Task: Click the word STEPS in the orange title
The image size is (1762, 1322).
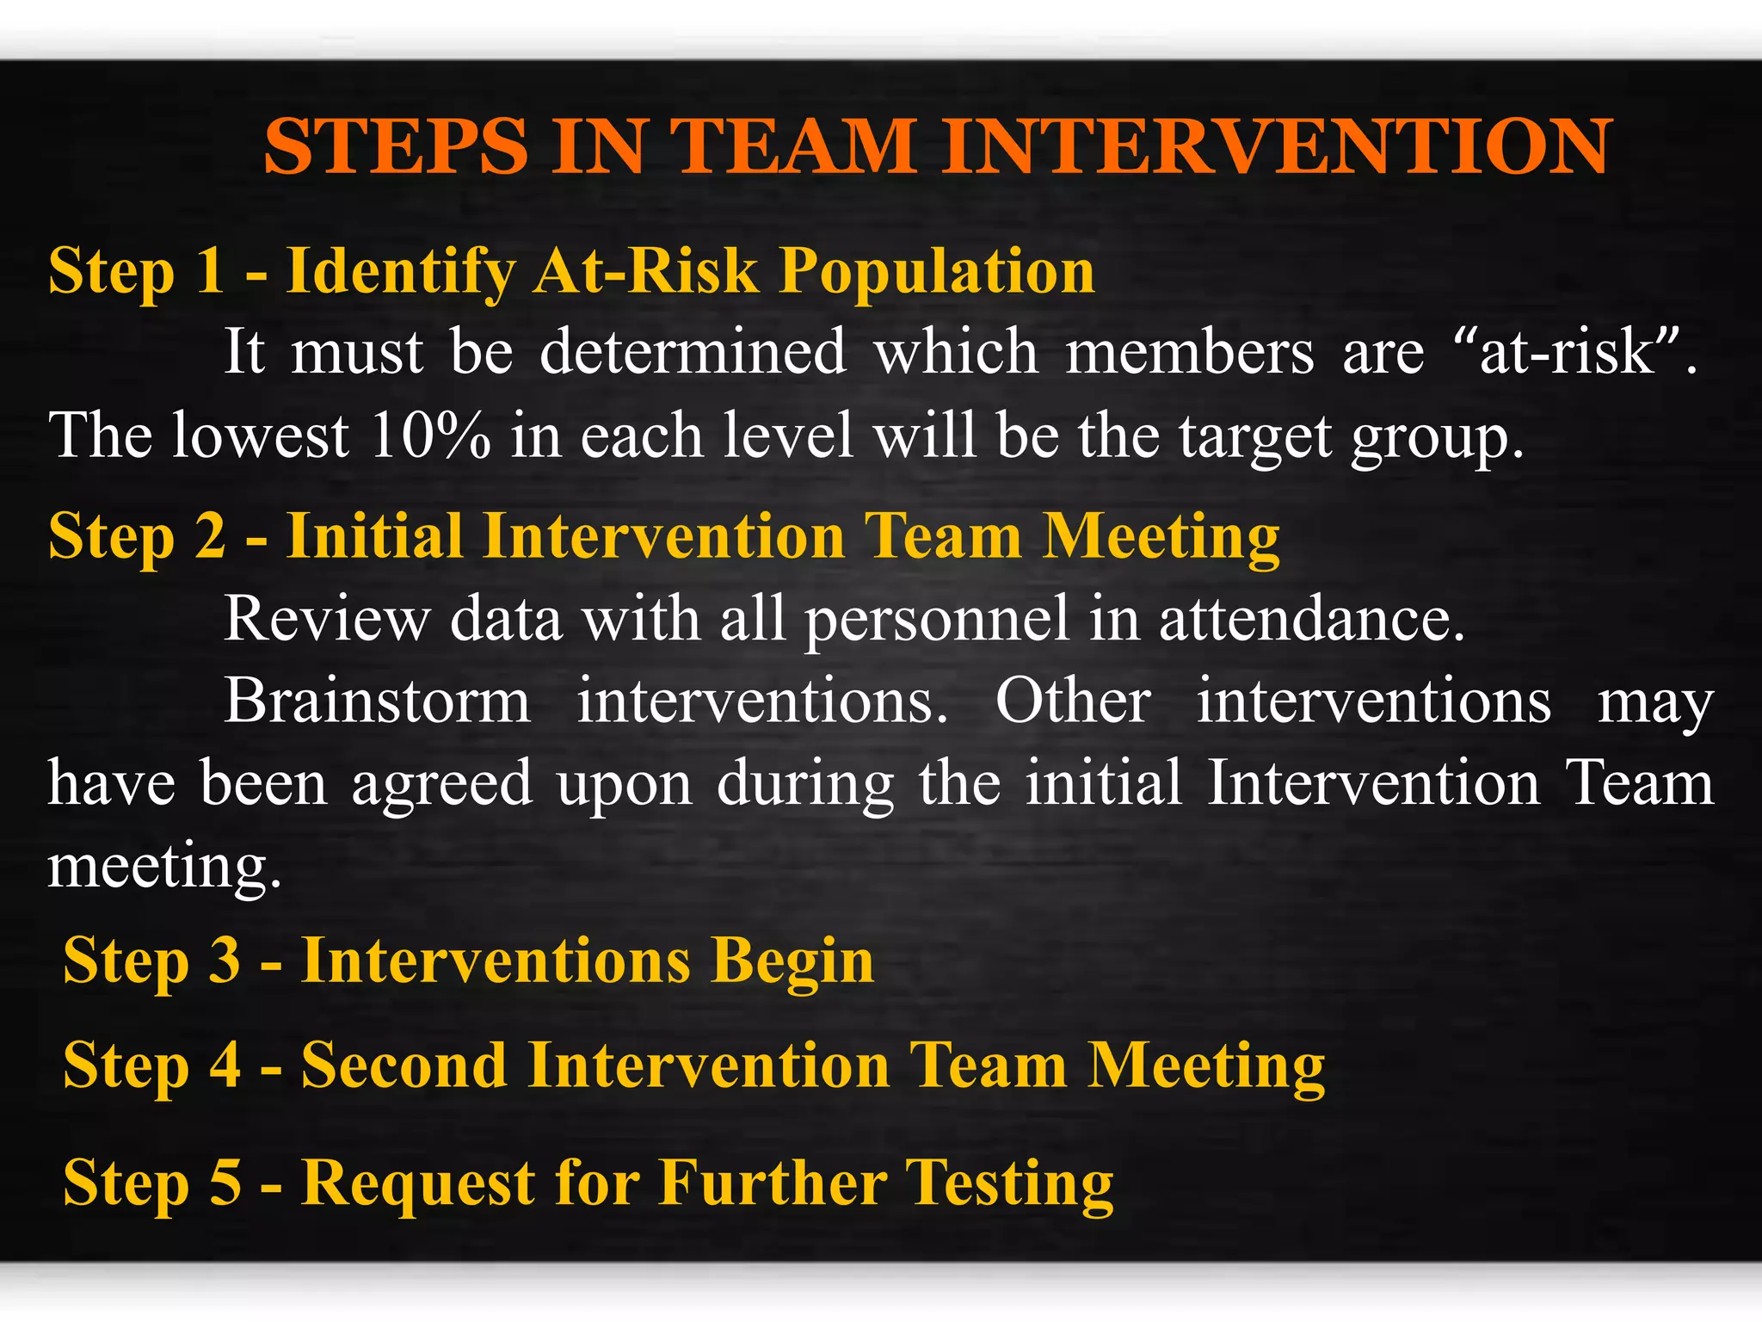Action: (395, 146)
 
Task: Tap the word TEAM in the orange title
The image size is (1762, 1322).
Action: (792, 146)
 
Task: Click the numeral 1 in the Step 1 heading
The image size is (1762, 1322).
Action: (210, 271)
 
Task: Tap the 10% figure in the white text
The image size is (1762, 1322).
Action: (430, 436)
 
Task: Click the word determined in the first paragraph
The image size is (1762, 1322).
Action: (693, 353)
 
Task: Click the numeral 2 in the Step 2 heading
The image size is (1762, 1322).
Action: (211, 536)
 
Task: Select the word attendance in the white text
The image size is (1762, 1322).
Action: (1311, 619)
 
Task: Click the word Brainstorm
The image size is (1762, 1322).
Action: (377, 701)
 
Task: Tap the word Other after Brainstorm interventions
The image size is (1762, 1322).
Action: (1073, 701)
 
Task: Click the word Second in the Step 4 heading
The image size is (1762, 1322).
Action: (404, 1066)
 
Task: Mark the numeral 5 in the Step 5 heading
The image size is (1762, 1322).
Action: (225, 1183)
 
